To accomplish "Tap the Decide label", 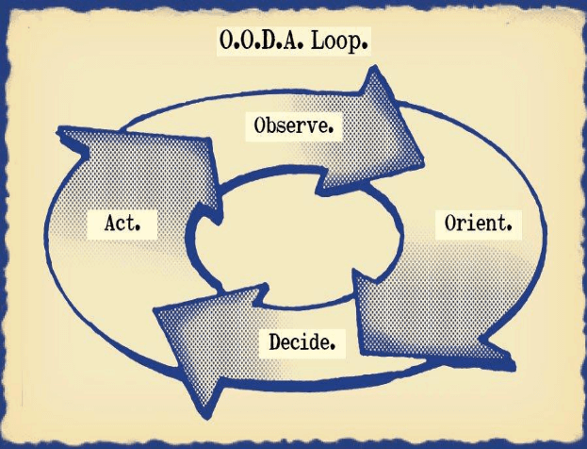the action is point(302,341).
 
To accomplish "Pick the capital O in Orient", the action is point(448,225).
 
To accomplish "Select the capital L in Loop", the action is point(321,43).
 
